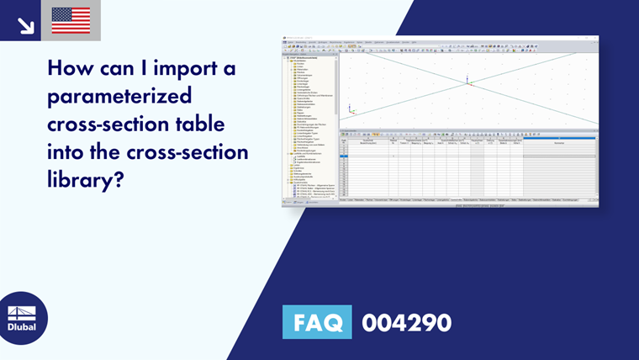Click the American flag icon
(x=71, y=20)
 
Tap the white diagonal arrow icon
(x=25, y=25)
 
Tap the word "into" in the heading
(x=70, y=153)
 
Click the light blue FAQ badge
(x=318, y=322)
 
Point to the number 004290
(x=406, y=322)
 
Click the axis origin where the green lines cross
(x=468, y=81)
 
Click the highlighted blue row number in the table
(x=343, y=156)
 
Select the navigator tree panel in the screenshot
(x=310, y=126)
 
